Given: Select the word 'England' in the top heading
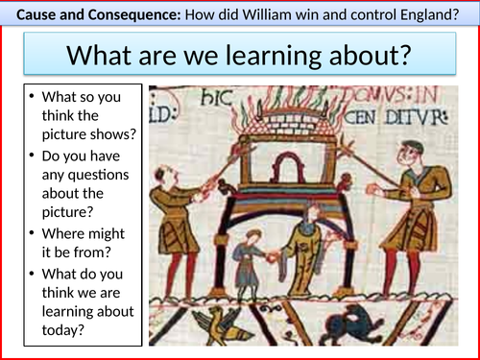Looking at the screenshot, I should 427,12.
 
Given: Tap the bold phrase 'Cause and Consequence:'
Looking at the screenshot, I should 81,12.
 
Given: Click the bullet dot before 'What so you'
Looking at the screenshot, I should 34,97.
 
